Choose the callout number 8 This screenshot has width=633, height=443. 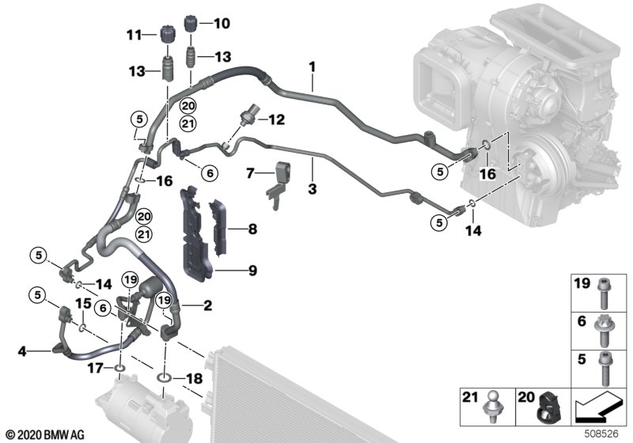[x=252, y=230]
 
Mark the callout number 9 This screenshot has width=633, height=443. [x=252, y=271]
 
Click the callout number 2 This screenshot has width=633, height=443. [x=207, y=305]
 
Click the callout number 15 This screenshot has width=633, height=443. [x=83, y=305]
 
